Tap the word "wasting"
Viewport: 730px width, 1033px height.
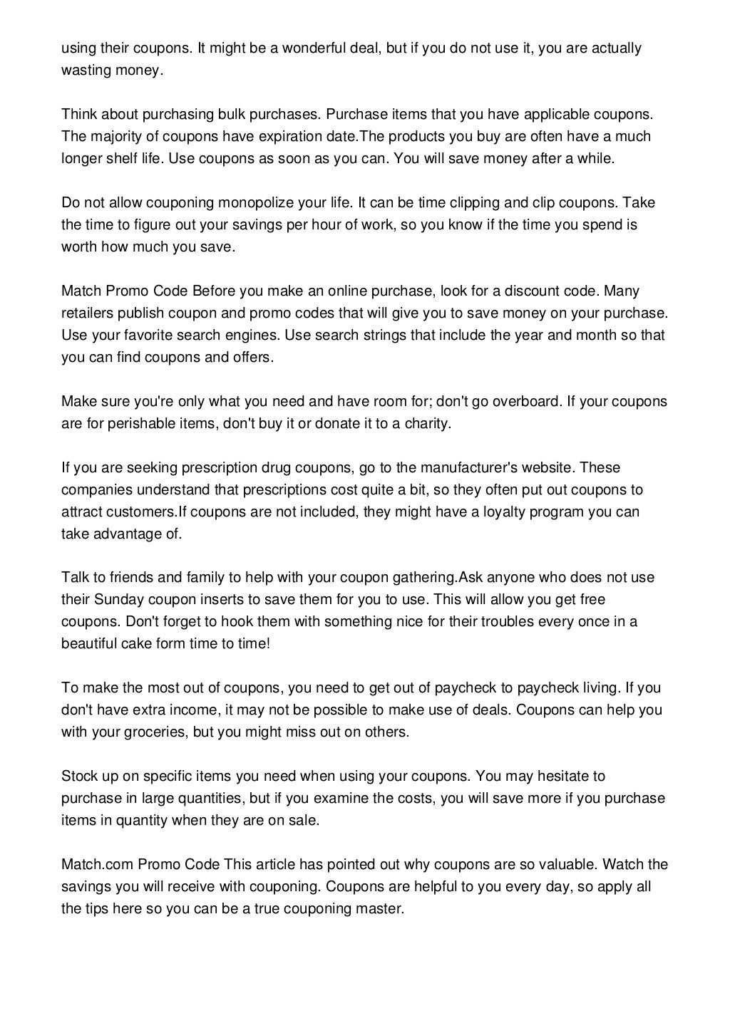(x=85, y=71)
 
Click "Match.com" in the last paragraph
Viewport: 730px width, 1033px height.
(x=96, y=865)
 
